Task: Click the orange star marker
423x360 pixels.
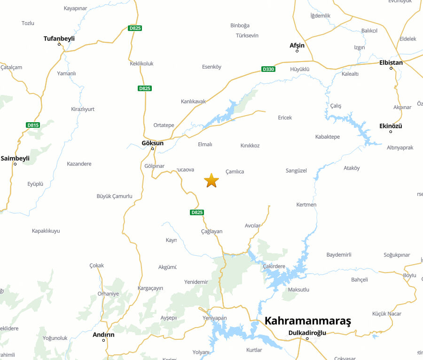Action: [211, 180]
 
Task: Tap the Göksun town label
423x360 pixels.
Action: [152, 143]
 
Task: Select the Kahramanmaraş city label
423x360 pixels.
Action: [307, 321]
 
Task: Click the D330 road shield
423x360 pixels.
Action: [268, 70]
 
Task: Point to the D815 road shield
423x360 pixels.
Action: [33, 125]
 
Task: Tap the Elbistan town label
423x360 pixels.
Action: [391, 63]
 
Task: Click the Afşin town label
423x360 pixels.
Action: [297, 45]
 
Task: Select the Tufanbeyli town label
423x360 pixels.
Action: [59, 39]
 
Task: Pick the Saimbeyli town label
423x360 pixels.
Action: [15, 158]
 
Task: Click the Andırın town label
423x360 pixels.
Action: [103, 335]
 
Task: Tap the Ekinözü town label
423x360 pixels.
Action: [391, 126]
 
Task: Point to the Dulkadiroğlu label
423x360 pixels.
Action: [307, 333]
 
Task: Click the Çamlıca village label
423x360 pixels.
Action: [235, 172]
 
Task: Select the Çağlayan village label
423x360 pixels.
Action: [211, 231]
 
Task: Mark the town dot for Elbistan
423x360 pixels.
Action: [391, 68]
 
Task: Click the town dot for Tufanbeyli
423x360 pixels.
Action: [59, 44]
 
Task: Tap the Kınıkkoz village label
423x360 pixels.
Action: [250, 145]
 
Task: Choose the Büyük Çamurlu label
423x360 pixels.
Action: [114, 196]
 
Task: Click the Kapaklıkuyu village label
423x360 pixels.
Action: [46, 231]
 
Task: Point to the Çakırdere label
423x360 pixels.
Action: [274, 266]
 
